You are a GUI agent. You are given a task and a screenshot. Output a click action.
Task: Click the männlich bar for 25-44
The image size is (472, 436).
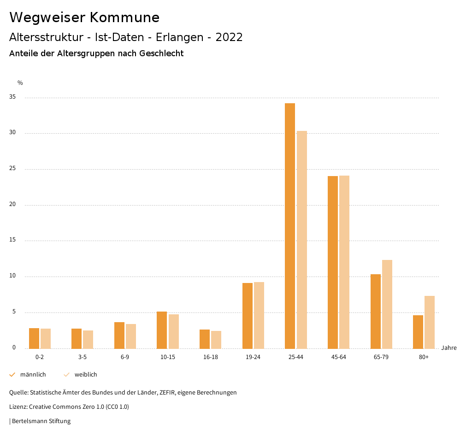pos(290,226)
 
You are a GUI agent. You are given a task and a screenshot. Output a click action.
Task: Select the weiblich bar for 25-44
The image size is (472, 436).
pos(302,240)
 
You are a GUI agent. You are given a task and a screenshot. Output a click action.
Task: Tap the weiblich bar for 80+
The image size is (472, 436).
pos(430,322)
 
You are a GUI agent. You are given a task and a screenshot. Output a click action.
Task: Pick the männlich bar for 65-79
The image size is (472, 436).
pos(376,312)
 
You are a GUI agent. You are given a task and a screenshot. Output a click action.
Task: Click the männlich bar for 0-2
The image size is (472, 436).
pos(34,338)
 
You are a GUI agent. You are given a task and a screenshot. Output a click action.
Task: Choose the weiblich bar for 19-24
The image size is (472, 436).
pos(259,315)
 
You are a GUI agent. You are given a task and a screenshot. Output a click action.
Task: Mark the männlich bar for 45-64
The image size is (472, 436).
pos(333,262)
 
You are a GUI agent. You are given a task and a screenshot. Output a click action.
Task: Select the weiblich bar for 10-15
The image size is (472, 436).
pos(173,331)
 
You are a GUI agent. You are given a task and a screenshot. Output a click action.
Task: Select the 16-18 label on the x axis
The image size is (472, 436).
pos(210,357)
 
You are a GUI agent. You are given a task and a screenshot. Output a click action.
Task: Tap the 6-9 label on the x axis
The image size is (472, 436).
pos(125,357)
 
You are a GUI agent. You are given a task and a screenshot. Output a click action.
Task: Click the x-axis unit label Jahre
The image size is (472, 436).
pos(449,348)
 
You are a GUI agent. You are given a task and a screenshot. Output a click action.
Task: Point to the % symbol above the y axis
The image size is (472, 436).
pos(20,83)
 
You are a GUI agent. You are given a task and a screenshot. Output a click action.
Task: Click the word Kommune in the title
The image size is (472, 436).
pos(124,18)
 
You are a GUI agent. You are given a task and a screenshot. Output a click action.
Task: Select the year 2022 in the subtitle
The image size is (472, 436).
pos(229,37)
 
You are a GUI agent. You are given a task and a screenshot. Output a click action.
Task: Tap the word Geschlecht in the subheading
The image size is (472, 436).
pos(161,53)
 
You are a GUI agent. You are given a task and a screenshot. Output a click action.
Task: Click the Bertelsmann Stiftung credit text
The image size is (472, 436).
pos(41,421)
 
